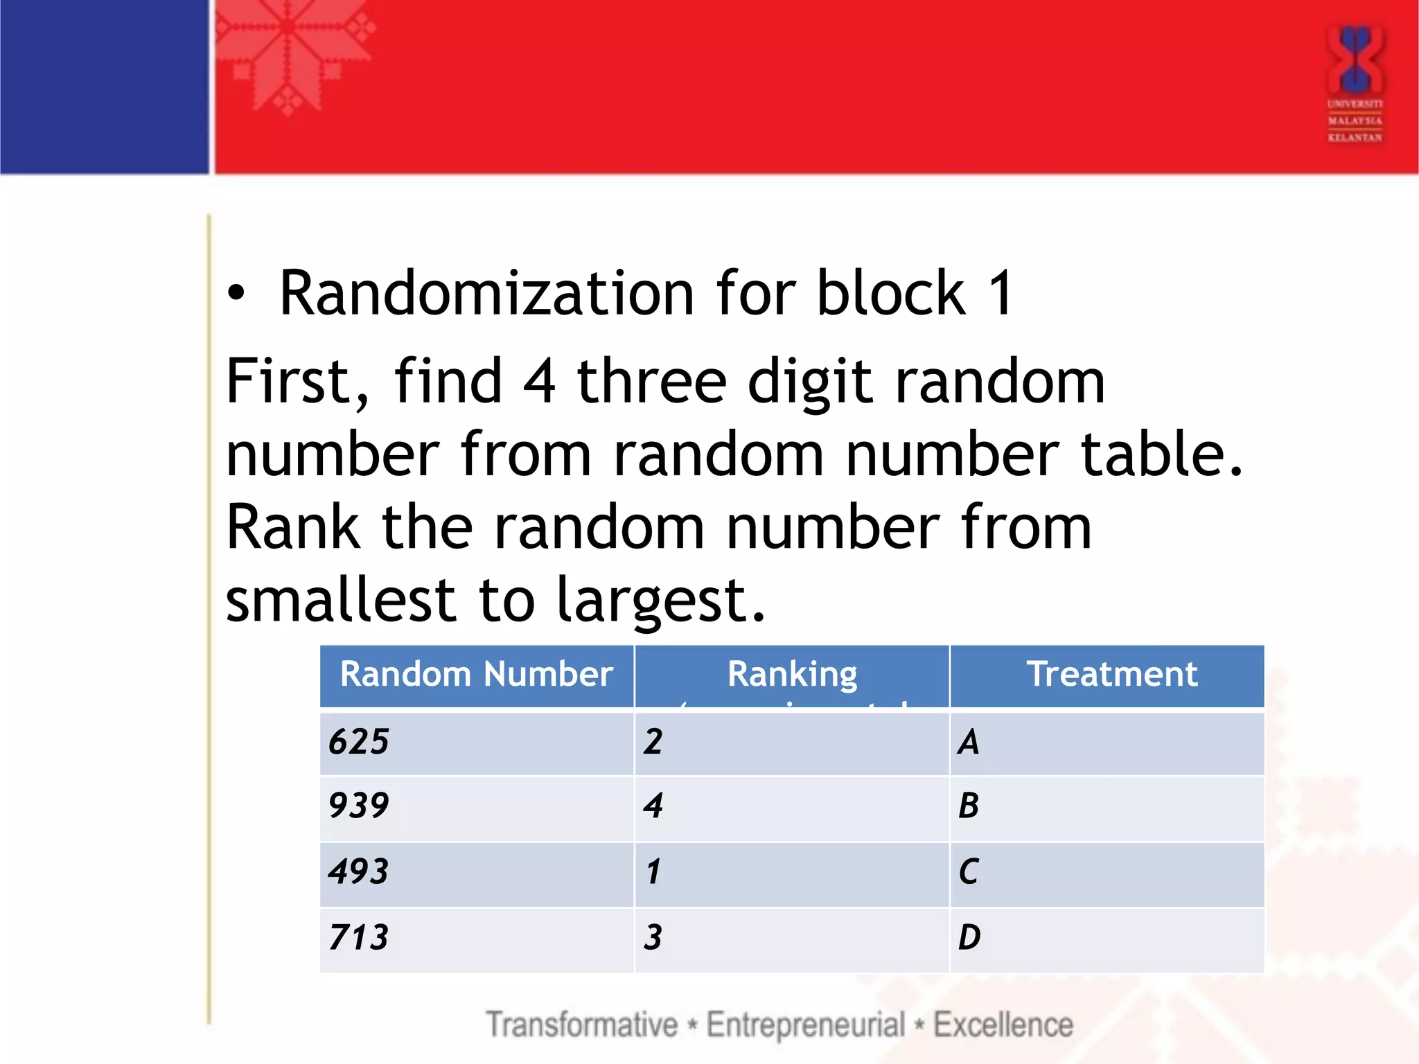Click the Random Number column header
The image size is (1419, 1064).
coord(476,674)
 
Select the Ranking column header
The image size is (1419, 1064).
coord(792,674)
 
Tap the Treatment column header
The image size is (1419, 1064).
coord(1111,674)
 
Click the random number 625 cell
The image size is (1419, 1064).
coord(359,742)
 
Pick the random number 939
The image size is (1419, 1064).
coord(359,806)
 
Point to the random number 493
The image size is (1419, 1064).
coord(359,871)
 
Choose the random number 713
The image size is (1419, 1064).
coord(359,937)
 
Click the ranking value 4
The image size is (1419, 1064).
coord(653,806)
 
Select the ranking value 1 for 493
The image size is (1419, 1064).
coord(653,871)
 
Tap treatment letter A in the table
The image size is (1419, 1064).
coord(969,742)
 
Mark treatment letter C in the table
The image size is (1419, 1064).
coord(969,871)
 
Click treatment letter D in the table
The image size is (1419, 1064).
coord(969,937)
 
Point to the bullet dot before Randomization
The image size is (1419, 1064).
coord(236,294)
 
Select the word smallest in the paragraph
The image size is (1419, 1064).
coord(340,600)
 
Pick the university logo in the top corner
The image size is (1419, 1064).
coord(1355,83)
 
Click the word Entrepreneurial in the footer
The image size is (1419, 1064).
coord(805,1025)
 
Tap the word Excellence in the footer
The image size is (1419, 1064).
coord(1003,1025)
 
